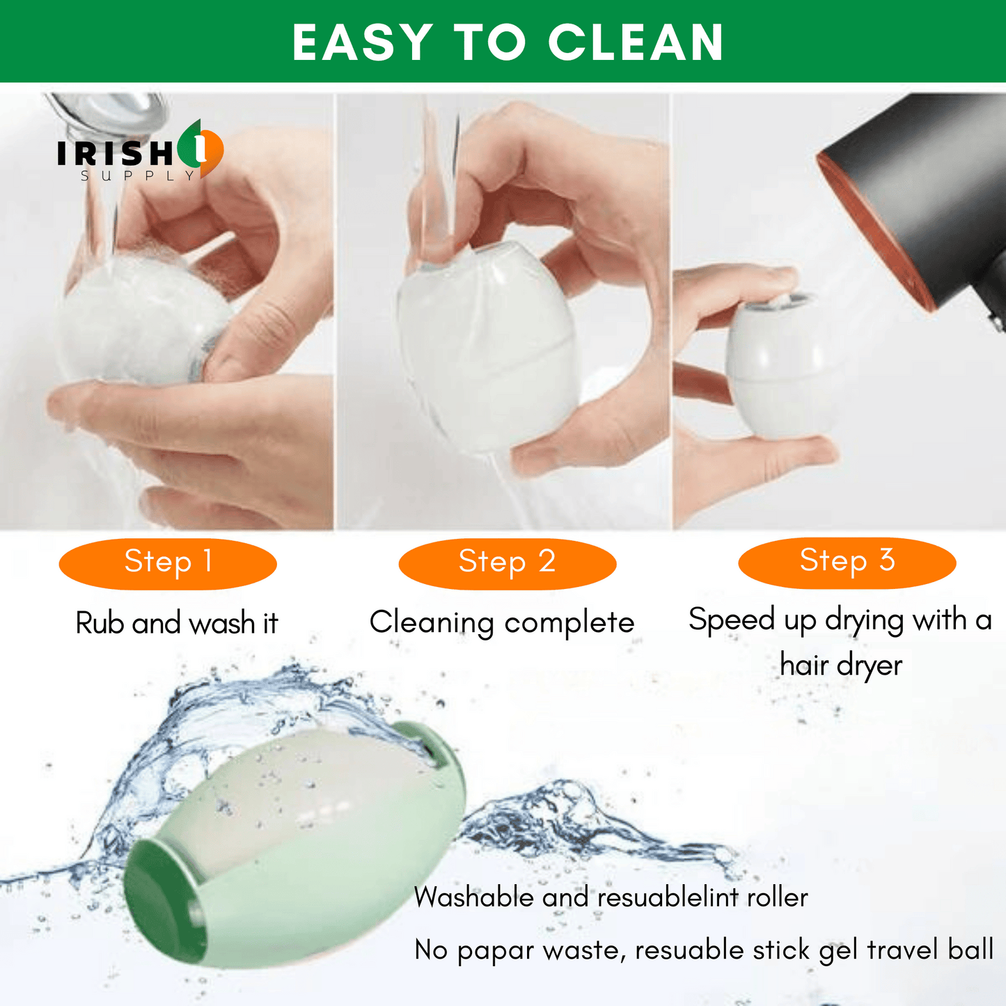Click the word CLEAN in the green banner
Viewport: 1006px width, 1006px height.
pyautogui.click(x=636, y=42)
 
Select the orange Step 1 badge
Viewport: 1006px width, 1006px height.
pyautogui.click(x=168, y=564)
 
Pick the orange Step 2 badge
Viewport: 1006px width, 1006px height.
pyautogui.click(x=508, y=564)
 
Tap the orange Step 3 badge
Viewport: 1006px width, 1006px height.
pyautogui.click(x=847, y=563)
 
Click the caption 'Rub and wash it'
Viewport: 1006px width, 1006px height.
pyautogui.click(x=177, y=623)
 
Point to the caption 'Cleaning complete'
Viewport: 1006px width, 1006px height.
pyautogui.click(x=502, y=623)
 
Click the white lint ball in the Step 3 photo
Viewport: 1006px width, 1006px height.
pyautogui.click(x=776, y=366)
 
